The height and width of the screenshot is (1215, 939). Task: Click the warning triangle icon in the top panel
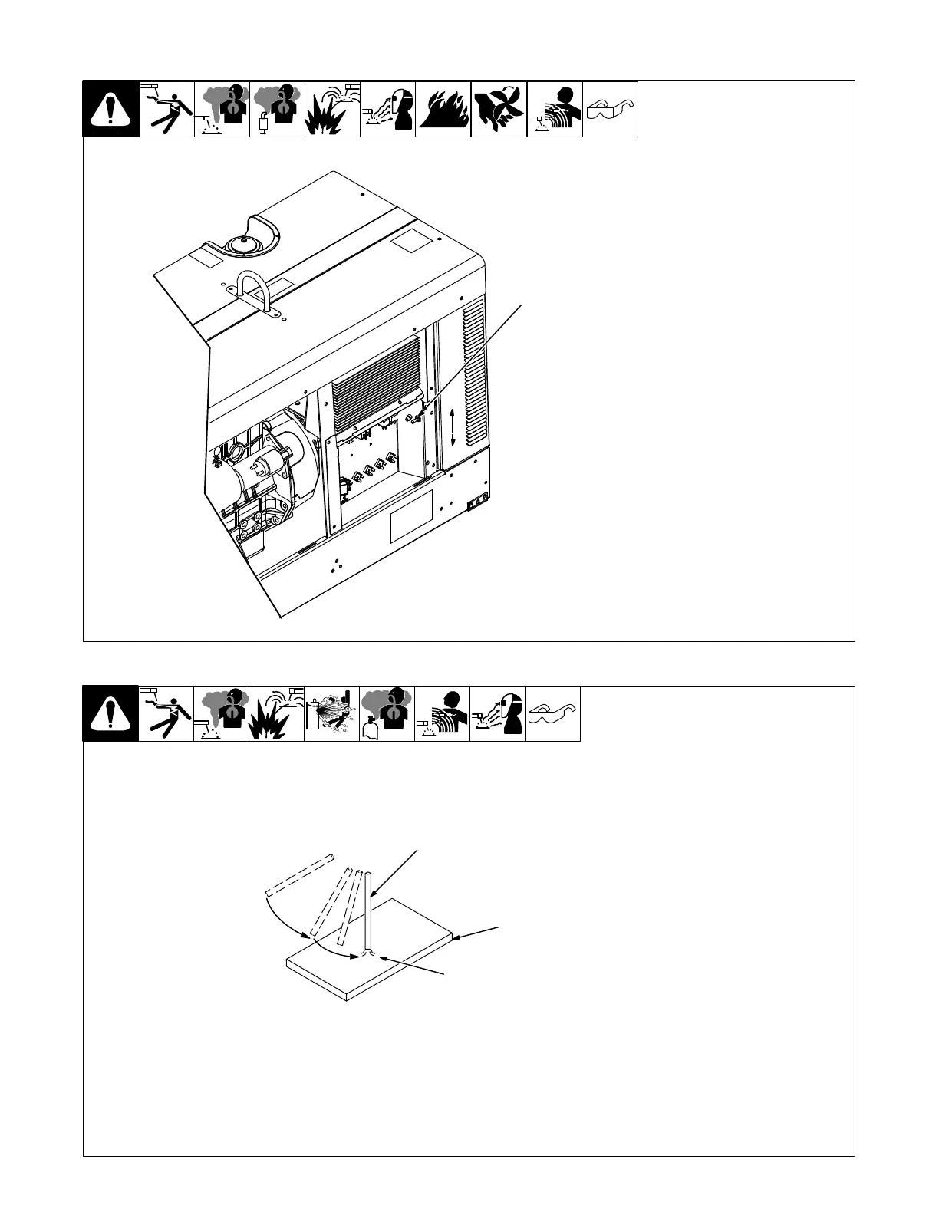click(110, 109)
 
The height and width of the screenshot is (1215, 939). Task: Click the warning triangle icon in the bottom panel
click(110, 714)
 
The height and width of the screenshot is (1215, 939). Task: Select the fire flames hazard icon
click(443, 109)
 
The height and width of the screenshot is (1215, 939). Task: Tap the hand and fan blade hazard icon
click(499, 109)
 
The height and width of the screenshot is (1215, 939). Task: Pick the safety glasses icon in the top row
click(610, 109)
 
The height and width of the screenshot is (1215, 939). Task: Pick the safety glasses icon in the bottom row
click(552, 714)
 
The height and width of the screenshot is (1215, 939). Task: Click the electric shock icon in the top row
click(166, 109)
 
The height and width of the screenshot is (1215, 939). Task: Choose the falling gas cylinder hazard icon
click(331, 714)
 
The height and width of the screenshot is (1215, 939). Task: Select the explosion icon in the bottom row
click(276, 714)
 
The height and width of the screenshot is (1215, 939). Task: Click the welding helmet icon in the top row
click(387, 109)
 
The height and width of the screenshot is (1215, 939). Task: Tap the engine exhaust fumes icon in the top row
click(277, 109)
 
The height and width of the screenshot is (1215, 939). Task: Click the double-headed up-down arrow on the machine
click(453, 427)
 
